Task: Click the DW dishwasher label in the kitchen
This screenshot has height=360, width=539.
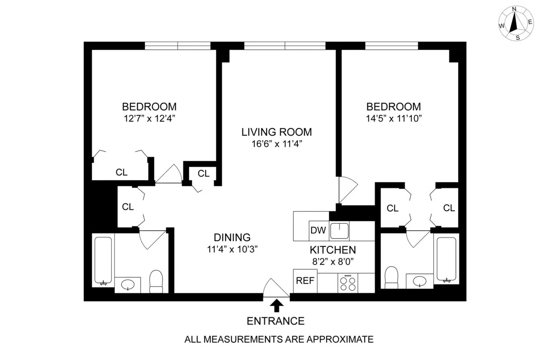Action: (x=318, y=231)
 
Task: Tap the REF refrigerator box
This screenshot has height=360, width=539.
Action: (x=305, y=281)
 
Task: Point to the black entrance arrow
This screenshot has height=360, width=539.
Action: (x=277, y=306)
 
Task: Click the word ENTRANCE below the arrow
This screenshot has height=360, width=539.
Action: (x=276, y=321)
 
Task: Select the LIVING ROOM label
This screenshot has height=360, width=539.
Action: (x=276, y=132)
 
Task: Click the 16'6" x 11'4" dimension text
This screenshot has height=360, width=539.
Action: (x=276, y=144)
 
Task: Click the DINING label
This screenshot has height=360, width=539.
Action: (x=232, y=237)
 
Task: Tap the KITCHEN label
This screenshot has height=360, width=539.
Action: (x=332, y=250)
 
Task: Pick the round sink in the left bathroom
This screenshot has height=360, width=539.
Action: (x=128, y=284)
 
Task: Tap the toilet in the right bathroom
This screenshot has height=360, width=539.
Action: (x=392, y=277)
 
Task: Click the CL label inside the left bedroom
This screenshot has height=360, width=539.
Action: (x=121, y=172)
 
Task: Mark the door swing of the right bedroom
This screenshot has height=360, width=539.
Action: (x=347, y=189)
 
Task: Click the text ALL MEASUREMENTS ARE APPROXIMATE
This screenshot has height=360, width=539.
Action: (x=279, y=339)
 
